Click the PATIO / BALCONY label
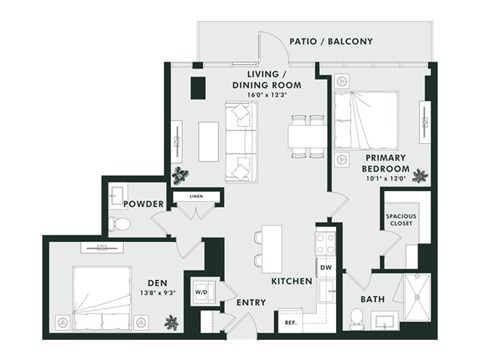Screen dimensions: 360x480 331,42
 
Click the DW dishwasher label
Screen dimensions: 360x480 326,268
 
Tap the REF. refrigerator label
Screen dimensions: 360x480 291,323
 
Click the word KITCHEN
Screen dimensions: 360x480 291,282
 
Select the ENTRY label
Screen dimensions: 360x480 250,303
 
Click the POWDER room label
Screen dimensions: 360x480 144,203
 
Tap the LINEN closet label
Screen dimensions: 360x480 196,197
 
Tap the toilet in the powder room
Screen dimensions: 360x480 121,223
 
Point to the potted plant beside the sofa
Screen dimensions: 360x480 180,175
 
